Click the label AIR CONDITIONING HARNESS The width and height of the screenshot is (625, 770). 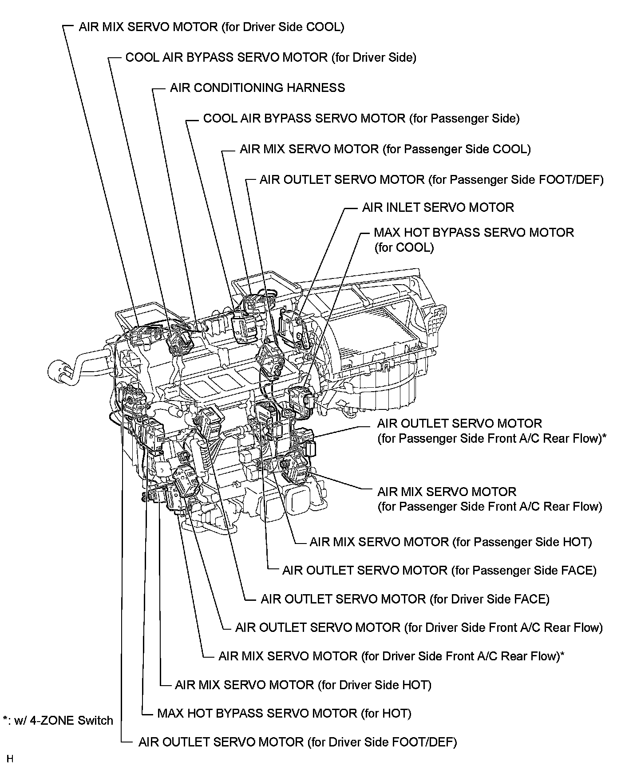[x=257, y=87]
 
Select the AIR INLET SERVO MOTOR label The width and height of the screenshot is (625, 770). [x=438, y=207]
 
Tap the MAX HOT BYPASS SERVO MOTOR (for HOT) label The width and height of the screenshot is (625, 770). [x=284, y=713]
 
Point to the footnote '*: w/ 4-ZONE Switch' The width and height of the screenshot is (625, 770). [x=58, y=720]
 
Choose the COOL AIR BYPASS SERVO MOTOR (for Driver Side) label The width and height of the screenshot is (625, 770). [x=271, y=57]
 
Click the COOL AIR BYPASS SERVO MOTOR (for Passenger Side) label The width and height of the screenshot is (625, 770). [x=361, y=119]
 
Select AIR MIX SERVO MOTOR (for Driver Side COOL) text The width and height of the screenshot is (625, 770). [x=211, y=27]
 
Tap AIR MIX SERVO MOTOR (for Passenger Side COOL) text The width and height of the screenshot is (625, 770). [x=385, y=149]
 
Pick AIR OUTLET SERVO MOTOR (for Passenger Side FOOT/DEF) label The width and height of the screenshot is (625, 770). [x=431, y=180]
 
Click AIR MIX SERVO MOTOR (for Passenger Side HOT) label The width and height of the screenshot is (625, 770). [x=451, y=542]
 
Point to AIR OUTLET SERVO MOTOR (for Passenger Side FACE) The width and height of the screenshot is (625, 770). [x=439, y=570]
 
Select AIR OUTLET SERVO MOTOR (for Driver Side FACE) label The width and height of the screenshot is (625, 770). [x=405, y=599]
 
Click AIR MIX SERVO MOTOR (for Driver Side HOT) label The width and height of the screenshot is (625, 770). [x=303, y=685]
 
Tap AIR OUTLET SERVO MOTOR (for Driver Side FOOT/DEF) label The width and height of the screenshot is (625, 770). [x=297, y=742]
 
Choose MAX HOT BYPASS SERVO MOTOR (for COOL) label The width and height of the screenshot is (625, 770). [x=474, y=239]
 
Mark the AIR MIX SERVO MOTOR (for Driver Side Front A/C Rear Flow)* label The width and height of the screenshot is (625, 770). [x=391, y=656]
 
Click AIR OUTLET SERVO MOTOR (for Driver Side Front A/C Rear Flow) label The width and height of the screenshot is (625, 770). [x=419, y=627]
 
